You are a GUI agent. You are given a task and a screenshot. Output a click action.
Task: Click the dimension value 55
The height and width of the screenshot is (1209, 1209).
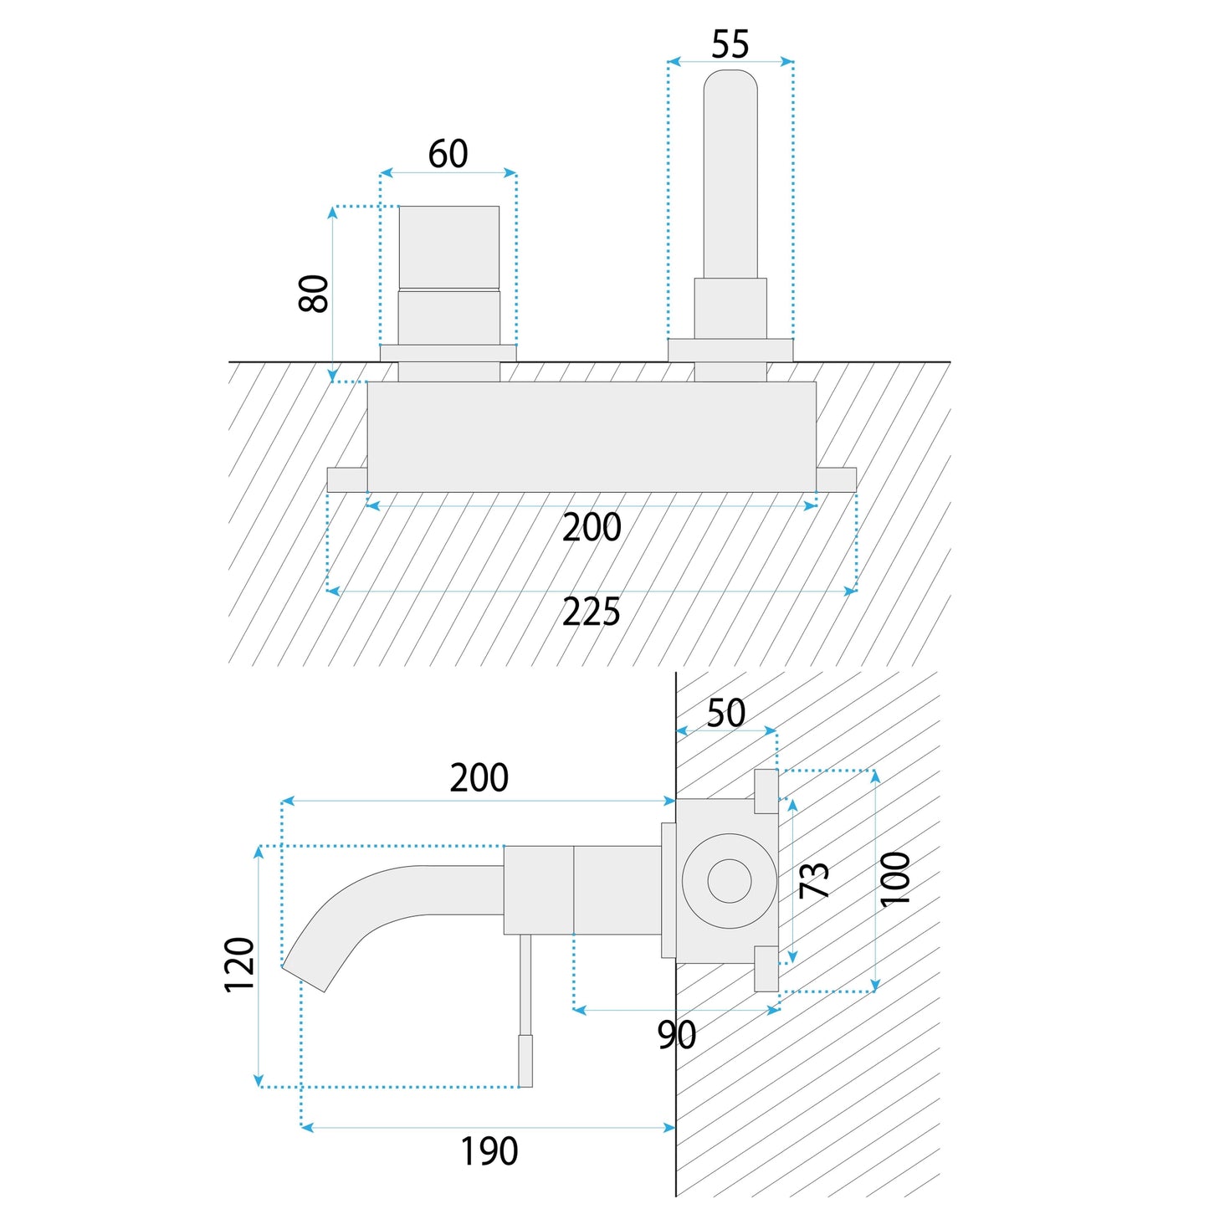click(730, 44)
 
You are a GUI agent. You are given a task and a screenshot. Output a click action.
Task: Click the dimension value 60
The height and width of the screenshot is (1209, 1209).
click(448, 154)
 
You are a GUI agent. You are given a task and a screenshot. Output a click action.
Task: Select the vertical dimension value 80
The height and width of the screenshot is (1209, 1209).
click(315, 293)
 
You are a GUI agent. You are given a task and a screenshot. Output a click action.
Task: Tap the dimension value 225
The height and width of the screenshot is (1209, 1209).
click(591, 612)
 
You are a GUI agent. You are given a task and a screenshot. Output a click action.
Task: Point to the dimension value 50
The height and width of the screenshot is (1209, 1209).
click(725, 713)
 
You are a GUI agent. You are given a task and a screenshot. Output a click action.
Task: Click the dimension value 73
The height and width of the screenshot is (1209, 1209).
click(814, 880)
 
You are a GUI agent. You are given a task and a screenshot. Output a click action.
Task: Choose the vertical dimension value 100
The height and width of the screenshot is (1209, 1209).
click(895, 879)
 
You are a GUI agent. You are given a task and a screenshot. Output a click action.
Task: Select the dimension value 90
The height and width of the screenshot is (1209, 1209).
click(676, 1035)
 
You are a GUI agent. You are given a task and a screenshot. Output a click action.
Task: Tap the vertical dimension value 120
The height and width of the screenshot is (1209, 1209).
click(240, 965)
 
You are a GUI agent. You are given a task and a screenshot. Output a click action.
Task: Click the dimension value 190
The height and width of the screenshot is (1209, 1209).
click(489, 1151)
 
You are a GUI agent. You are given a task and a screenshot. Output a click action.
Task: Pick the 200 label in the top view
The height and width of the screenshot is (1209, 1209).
click(591, 528)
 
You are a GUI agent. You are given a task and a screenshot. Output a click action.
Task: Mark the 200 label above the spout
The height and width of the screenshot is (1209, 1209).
click(479, 778)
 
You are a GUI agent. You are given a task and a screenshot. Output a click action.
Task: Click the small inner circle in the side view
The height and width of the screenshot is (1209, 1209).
click(729, 881)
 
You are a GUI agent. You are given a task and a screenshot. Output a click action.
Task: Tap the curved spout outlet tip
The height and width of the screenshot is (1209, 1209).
click(305, 978)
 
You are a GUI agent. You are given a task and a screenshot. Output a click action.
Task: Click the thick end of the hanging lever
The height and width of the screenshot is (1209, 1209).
click(525, 1061)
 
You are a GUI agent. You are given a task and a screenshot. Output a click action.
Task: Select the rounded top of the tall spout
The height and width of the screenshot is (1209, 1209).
click(730, 84)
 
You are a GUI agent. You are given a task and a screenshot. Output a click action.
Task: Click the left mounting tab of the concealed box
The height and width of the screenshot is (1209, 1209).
click(347, 479)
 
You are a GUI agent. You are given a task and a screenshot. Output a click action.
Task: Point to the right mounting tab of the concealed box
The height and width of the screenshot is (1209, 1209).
click(836, 479)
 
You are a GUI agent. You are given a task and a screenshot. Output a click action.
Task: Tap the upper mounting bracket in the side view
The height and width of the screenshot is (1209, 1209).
click(766, 791)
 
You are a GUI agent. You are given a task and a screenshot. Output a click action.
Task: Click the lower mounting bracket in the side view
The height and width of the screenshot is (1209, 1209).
click(766, 969)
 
